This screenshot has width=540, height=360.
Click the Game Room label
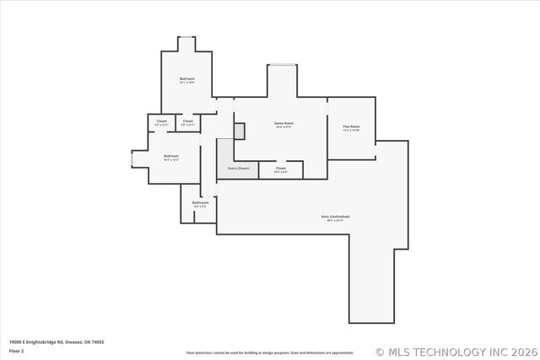[283, 124]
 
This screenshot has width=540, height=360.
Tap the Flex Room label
[351, 126]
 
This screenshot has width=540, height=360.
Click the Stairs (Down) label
[239, 168]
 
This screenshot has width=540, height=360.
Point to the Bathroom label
[200, 202]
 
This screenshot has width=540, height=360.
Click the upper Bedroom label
[186, 78]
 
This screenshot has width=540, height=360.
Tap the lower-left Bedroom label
[171, 155]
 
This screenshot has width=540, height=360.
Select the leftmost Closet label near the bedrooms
[161, 121]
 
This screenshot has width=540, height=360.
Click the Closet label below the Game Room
[281, 168]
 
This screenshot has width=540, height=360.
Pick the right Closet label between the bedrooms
[187, 121]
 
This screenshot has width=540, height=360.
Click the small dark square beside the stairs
[240, 131]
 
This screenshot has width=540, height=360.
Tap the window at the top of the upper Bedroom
[186, 37]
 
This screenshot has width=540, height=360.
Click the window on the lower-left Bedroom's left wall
[132, 159]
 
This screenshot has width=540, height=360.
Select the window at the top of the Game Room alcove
[283, 65]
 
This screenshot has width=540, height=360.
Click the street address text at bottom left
[57, 341]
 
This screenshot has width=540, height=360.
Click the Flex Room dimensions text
[351, 131]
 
